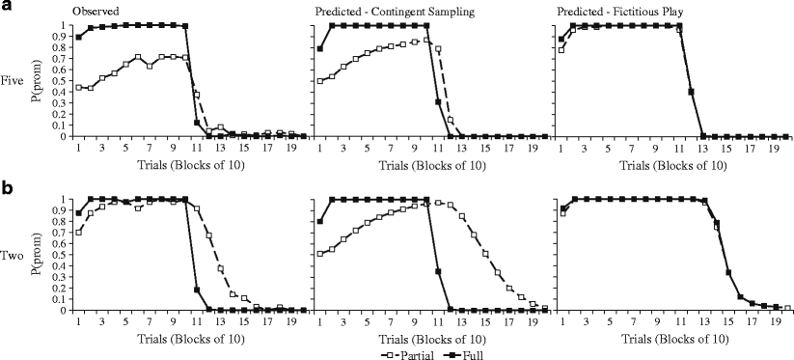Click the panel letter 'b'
point(7,184)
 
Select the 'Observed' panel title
point(96,11)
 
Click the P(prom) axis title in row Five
point(41,81)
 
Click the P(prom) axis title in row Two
point(41,255)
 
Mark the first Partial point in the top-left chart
point(79,87)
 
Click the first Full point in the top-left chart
point(79,37)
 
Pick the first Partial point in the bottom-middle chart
point(320,254)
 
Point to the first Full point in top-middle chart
point(320,48)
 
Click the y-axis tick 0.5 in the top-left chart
point(64,80)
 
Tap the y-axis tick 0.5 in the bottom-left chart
point(64,255)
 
